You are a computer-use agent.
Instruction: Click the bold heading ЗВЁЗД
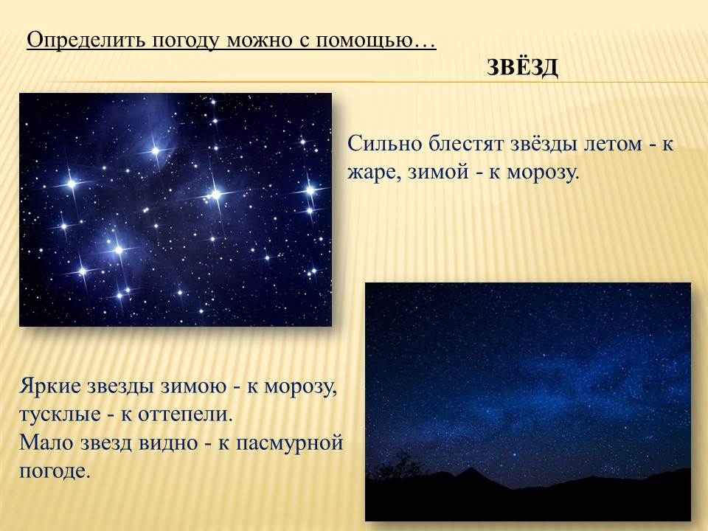(x=522, y=67)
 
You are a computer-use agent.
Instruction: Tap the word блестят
(x=466, y=145)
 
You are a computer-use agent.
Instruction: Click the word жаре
(x=375, y=173)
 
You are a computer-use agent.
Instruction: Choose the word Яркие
(x=50, y=387)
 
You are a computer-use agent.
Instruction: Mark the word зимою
(x=194, y=387)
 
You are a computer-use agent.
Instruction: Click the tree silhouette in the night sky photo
(x=397, y=465)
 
